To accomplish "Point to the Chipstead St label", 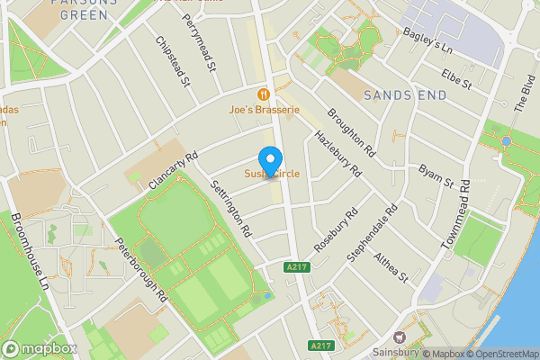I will coord(173,62).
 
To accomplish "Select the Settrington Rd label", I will coord(230,208).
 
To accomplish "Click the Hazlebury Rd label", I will coord(337,154).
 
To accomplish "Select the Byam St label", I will coord(436,176).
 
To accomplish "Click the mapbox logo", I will coord(40,348).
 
